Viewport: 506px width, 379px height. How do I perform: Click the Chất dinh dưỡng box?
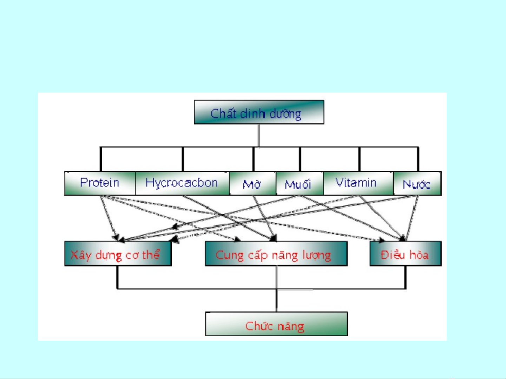coord(259,112)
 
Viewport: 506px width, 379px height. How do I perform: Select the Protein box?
coord(100,183)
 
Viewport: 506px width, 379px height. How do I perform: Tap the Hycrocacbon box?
coord(182,183)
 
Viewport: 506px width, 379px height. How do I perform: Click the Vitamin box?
coord(357,183)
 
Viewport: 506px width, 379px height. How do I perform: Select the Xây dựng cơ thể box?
coord(118,254)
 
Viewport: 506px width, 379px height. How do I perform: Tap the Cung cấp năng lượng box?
coord(276,254)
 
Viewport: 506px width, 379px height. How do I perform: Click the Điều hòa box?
coord(406,254)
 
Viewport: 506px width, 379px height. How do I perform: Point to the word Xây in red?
coord(81,255)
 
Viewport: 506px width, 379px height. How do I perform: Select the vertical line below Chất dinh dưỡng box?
coord(259,135)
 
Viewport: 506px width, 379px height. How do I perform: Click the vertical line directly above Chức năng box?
coord(276,301)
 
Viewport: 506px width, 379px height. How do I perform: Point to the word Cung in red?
coord(229,255)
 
